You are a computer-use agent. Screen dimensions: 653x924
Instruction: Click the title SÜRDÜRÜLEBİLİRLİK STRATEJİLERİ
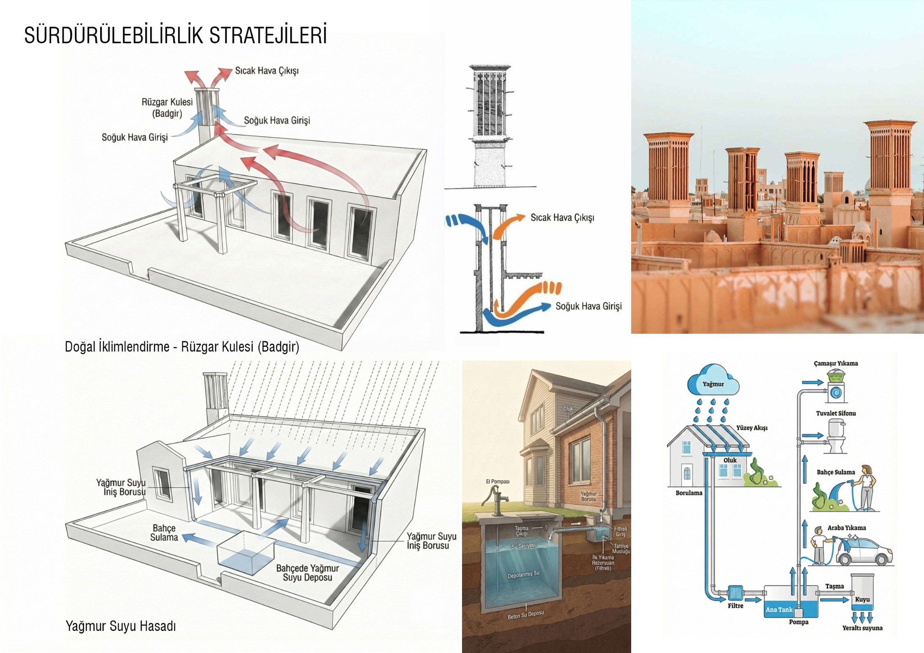click(176, 35)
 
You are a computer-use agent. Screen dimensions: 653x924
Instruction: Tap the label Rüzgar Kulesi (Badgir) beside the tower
click(167, 108)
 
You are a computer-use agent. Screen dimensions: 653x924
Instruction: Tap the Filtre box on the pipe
click(735, 593)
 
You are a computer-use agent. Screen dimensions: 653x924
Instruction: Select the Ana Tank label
click(779, 610)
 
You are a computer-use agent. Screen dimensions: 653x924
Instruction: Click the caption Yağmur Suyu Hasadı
click(121, 626)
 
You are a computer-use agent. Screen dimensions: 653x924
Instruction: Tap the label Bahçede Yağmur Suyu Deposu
click(307, 573)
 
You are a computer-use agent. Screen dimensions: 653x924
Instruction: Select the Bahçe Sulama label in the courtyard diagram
click(164, 533)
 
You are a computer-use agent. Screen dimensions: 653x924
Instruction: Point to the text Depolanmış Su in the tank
click(523, 575)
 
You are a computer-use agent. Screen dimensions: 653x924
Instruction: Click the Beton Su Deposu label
click(526, 615)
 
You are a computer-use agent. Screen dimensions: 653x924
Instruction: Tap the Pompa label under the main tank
click(799, 622)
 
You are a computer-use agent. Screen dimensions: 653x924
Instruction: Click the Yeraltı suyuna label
click(862, 628)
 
